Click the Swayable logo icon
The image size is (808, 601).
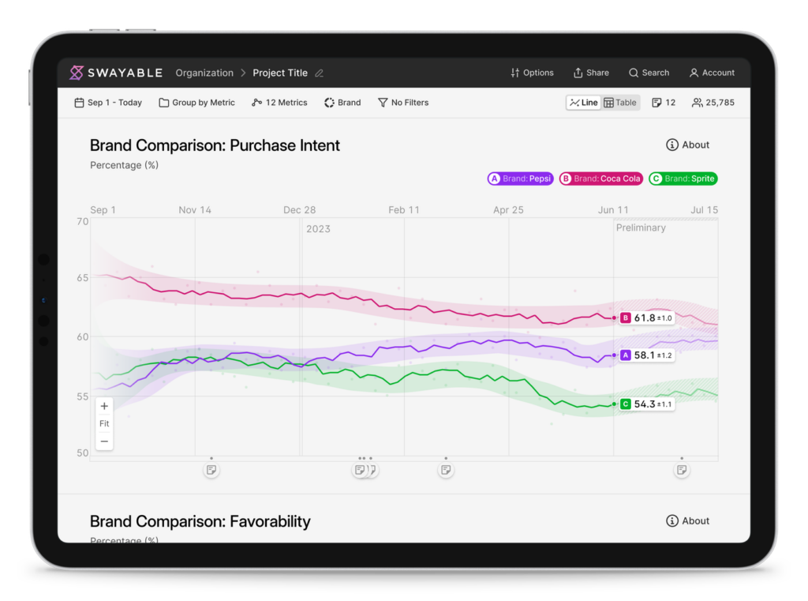pos(77,73)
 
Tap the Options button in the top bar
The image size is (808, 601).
pos(532,73)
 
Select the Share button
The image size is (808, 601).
pos(591,73)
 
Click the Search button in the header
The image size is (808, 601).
pos(649,73)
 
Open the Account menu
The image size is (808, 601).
pos(713,73)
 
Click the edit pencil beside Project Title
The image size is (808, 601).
pos(320,73)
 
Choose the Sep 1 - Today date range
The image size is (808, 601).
pos(108,103)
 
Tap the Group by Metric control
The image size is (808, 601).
pos(196,103)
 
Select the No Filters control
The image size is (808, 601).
pos(403,103)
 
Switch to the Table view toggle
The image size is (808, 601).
pos(620,103)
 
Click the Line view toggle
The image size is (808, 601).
pos(584,103)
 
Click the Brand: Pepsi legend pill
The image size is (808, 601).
pos(521,178)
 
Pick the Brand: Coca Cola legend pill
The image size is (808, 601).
pos(600,178)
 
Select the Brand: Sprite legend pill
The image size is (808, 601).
pos(683,178)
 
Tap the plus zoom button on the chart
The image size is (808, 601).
pos(104,406)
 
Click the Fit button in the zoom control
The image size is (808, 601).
pos(104,423)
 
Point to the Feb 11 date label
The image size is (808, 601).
pos(404,210)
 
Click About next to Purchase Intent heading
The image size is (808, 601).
pos(687,145)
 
